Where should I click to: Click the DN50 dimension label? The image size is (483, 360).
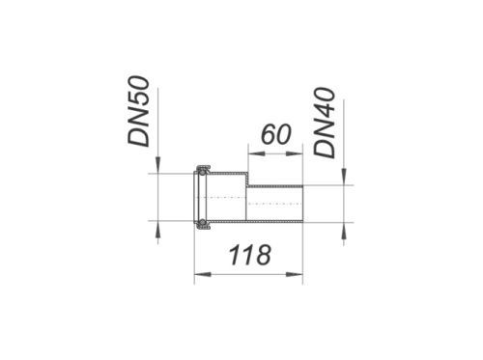(x=139, y=111)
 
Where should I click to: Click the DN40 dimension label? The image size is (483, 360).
(x=325, y=123)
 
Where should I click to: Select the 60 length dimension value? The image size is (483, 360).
(x=276, y=134)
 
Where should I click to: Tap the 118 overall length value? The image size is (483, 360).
(x=250, y=255)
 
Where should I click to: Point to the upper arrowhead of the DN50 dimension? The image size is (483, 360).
(x=157, y=165)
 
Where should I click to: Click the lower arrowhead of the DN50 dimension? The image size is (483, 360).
(x=157, y=230)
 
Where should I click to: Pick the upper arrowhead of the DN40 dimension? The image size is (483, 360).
(x=344, y=177)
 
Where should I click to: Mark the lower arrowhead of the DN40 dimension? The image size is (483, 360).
(x=344, y=231)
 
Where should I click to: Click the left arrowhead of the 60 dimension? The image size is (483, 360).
(x=256, y=154)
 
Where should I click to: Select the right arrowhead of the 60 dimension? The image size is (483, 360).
(x=295, y=154)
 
